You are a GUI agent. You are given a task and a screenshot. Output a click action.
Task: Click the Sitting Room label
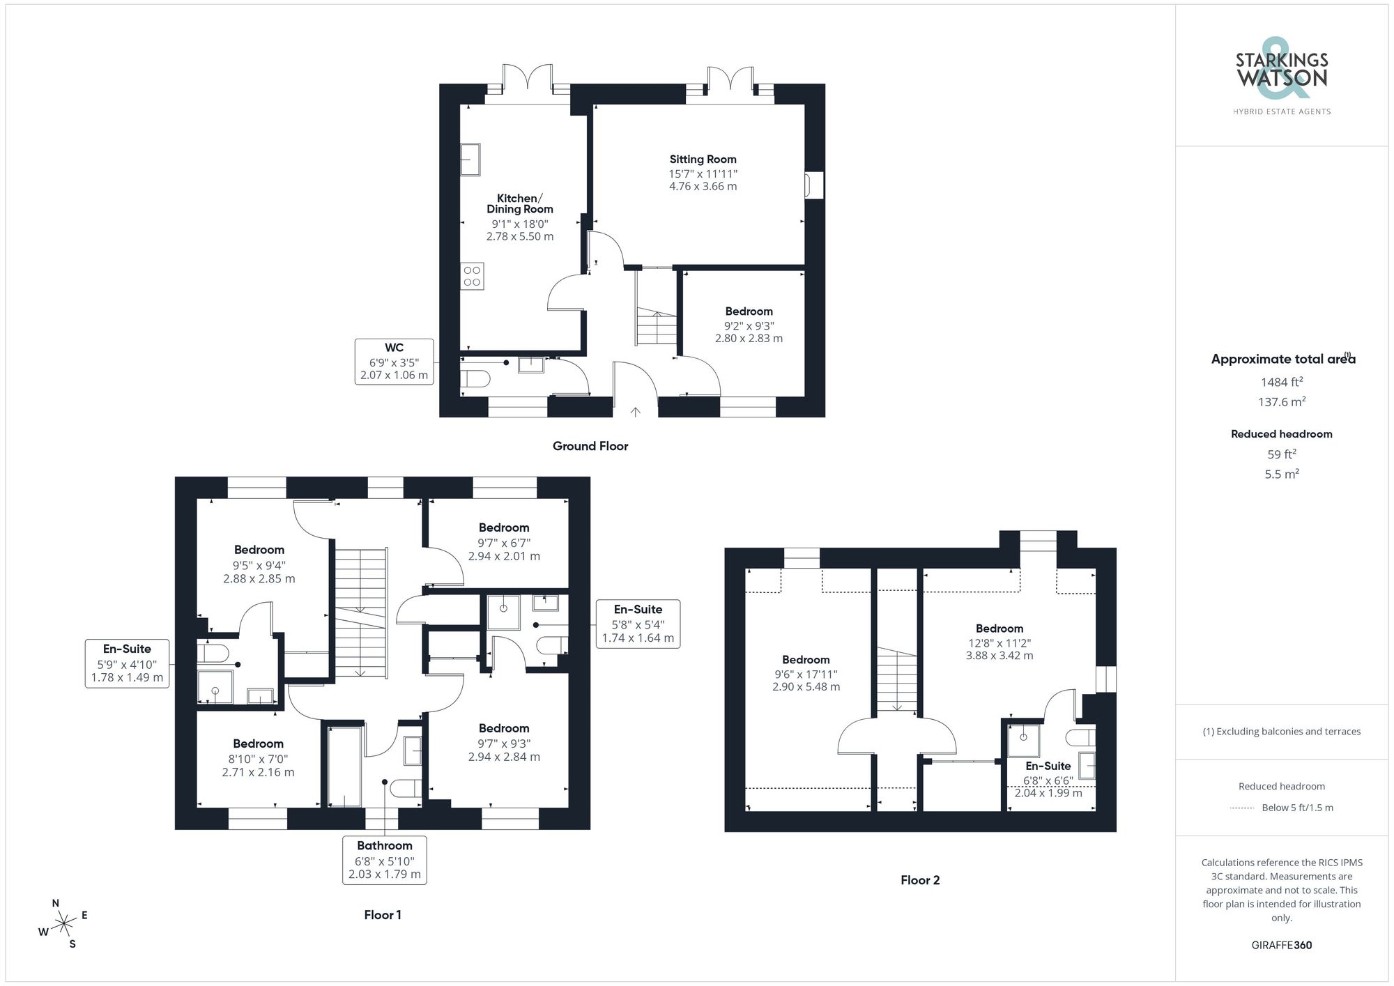[703, 160]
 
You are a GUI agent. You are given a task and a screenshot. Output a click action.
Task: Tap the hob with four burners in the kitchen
[472, 276]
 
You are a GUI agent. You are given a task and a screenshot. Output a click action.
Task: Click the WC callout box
[394, 361]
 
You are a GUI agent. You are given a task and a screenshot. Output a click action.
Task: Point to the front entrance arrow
[635, 412]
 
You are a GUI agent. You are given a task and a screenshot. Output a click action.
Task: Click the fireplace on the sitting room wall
[813, 185]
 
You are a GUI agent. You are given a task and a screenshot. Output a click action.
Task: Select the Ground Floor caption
[590, 446]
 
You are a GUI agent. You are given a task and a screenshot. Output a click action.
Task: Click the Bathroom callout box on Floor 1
[384, 860]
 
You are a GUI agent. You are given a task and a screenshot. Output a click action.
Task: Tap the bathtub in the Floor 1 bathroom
[344, 767]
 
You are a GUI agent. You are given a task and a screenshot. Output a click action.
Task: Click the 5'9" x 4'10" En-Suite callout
[127, 663]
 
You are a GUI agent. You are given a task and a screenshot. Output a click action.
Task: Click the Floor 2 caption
[919, 880]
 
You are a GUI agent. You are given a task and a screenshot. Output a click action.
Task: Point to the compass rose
[64, 924]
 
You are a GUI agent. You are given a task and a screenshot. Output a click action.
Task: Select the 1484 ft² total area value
[1281, 382]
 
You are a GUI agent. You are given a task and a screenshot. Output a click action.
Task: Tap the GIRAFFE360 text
[1281, 945]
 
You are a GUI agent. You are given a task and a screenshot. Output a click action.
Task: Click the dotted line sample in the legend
[1242, 808]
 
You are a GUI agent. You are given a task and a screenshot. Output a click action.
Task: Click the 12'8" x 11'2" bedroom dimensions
[999, 649]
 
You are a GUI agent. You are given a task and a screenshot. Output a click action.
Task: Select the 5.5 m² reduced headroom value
[1281, 474]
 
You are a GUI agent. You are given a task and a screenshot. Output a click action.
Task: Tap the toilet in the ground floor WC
[475, 379]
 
